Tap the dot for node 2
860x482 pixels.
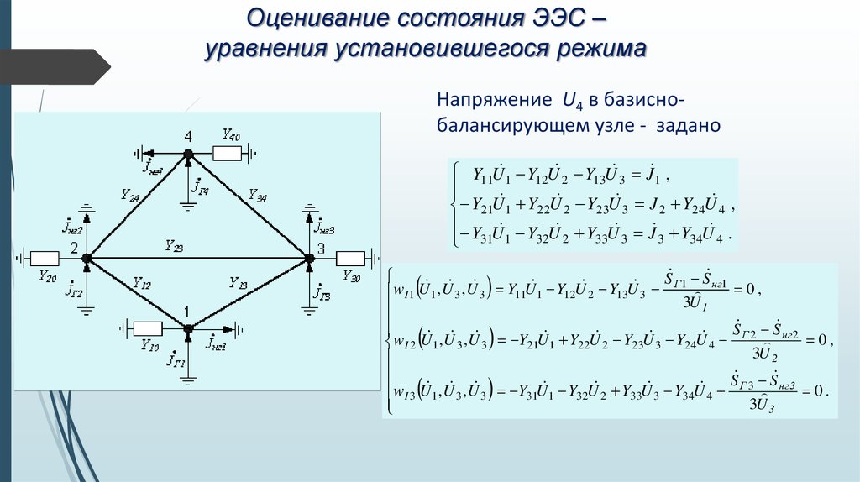tap(87, 258)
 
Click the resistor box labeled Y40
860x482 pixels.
tap(228, 154)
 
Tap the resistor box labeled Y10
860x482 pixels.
tap(148, 327)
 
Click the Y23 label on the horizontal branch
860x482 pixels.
tap(174, 247)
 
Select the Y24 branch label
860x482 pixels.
tap(129, 195)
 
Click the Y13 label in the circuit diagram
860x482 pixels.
tap(238, 286)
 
